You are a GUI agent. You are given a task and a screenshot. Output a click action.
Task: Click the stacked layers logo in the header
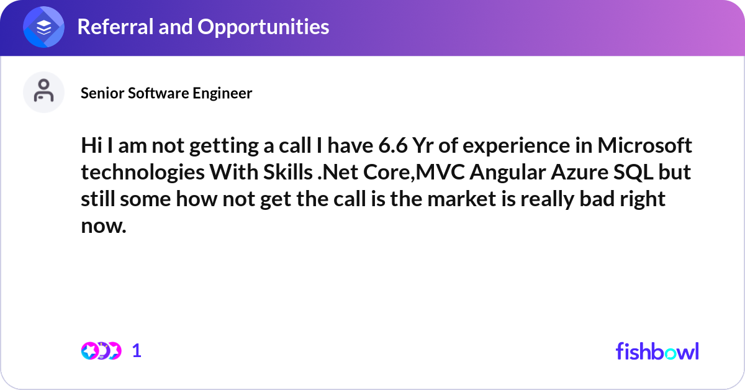point(43,28)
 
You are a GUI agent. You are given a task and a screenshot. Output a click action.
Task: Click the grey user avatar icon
point(43,92)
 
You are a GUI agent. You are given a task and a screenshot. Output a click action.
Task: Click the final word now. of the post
point(104,227)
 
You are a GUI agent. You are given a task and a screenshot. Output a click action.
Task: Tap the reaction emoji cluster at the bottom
point(101,351)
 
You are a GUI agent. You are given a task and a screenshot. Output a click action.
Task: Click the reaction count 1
point(137,351)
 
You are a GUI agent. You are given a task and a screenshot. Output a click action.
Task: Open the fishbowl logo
point(657,351)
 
